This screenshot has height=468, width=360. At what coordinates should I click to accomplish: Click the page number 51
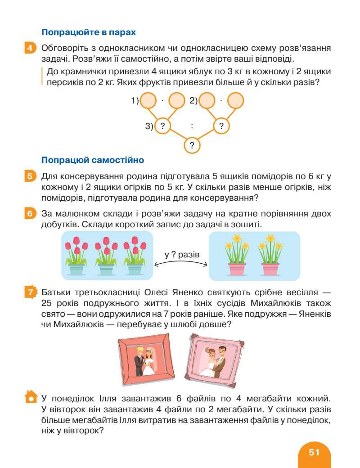pos(314,452)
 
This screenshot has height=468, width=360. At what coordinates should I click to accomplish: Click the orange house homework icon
pos(30,397)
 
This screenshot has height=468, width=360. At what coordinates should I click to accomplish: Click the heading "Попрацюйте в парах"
pos(88,32)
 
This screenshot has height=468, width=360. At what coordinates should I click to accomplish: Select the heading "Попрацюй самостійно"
pos(92,160)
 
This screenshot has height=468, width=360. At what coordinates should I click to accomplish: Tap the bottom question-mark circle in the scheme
pos(192,145)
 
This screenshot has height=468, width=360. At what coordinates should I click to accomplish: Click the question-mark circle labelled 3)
pos(163,126)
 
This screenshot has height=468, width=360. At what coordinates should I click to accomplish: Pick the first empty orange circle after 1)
pos(148,101)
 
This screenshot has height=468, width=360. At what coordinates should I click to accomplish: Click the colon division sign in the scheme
pos(192,126)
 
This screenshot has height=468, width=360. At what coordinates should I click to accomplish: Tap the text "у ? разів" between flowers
pos(181,255)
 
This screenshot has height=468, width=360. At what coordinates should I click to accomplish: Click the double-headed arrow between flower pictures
pos(181,265)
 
